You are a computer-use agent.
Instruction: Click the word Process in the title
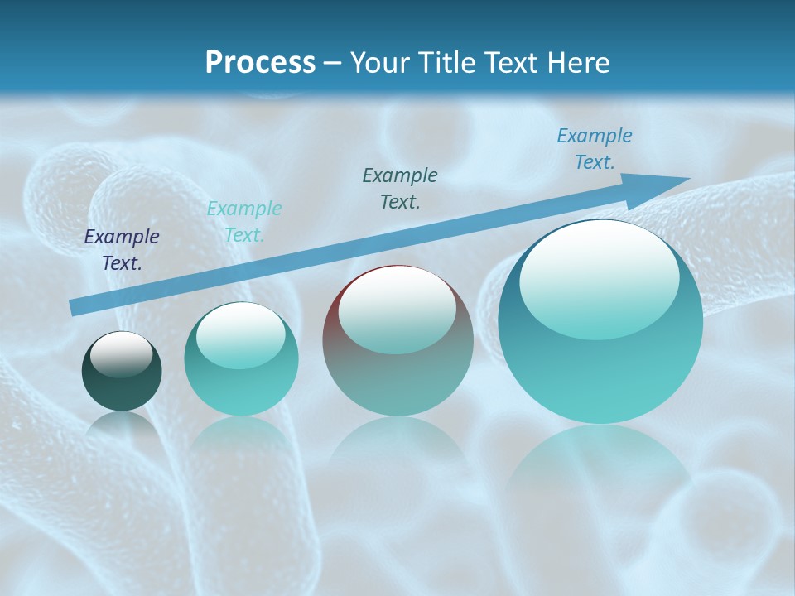pos(260,63)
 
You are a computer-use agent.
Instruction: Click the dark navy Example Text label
pos(122,250)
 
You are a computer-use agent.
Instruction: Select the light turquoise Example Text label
pos(244,222)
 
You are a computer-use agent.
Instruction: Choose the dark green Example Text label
pos(400,189)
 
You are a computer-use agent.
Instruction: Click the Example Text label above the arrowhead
pos(594,149)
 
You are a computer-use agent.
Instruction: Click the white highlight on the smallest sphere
pos(122,353)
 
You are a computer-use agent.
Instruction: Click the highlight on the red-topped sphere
pos(397,309)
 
